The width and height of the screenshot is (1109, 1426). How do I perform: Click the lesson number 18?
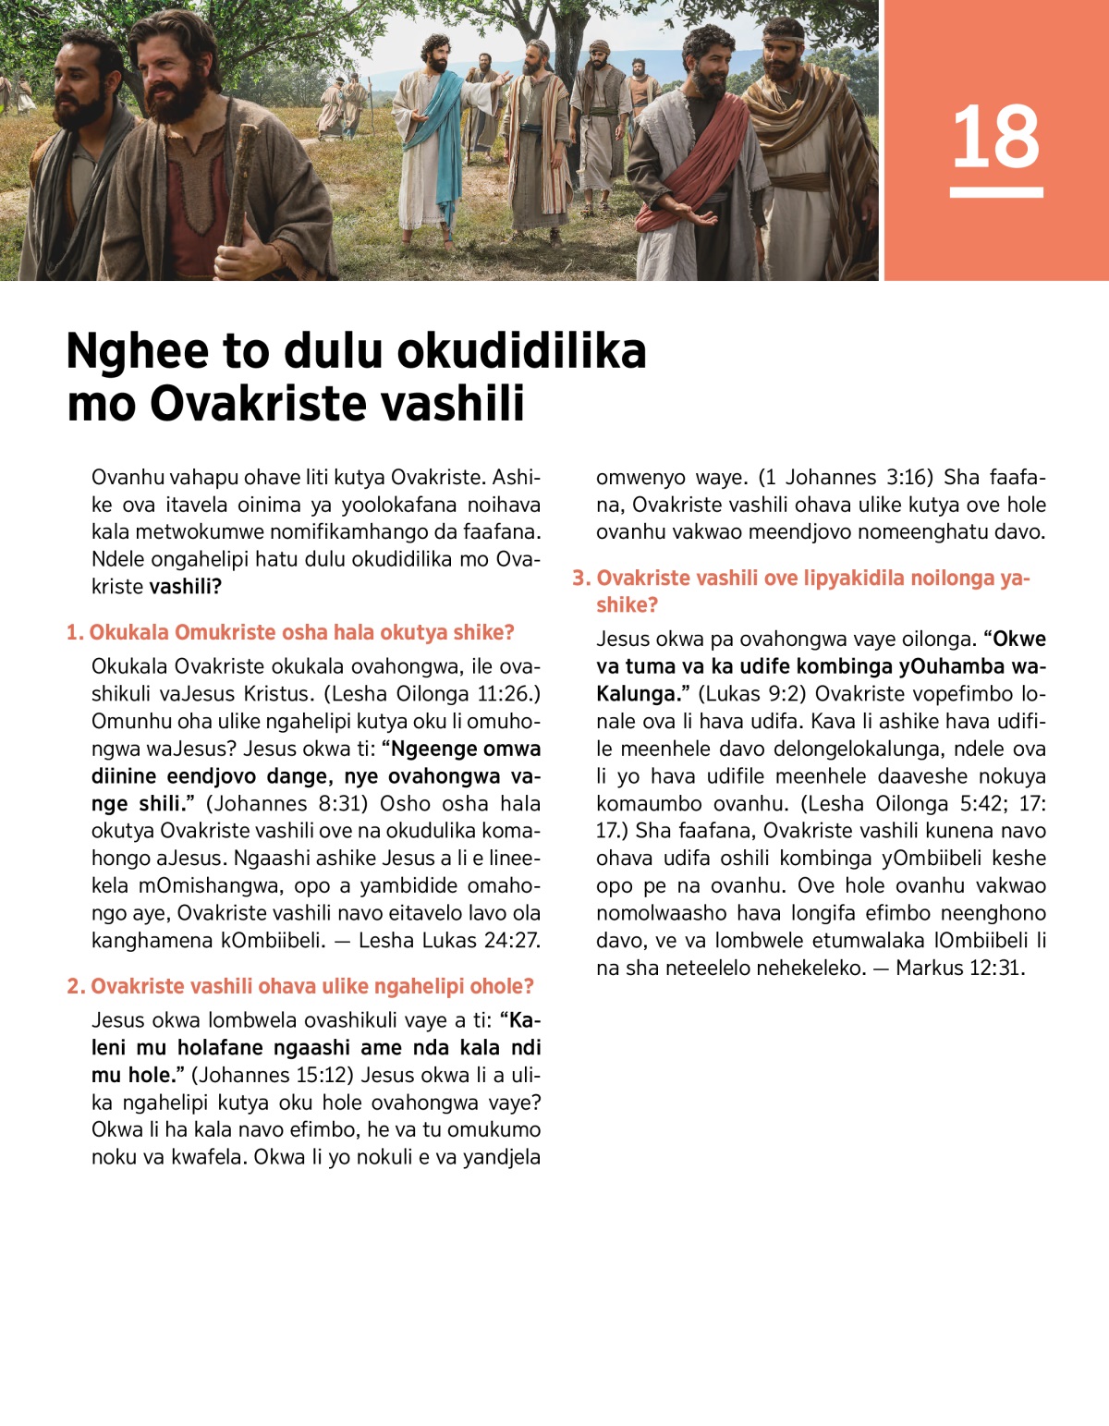(x=995, y=137)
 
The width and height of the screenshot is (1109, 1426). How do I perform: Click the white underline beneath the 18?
(x=995, y=192)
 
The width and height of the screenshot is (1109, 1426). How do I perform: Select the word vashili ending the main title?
(x=451, y=404)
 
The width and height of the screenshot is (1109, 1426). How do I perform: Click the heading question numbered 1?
(x=290, y=632)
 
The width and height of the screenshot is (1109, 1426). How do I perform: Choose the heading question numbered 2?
(x=300, y=986)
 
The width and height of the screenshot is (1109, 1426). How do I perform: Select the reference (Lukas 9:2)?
(x=749, y=694)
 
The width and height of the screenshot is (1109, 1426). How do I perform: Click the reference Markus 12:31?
(x=959, y=968)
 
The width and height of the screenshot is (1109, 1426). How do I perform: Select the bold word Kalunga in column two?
(x=635, y=694)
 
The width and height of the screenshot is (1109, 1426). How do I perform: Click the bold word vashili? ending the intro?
(x=185, y=586)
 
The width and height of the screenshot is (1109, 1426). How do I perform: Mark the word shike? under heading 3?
(x=627, y=604)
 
